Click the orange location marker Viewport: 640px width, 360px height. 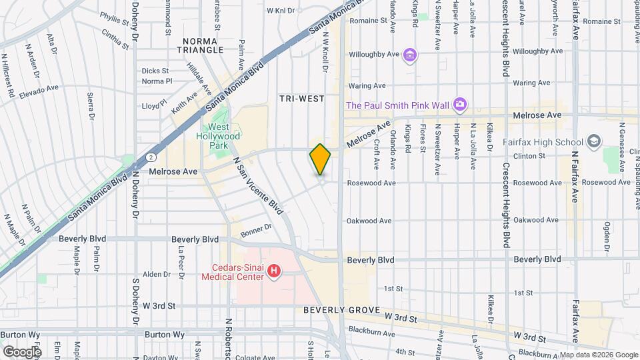[320, 159]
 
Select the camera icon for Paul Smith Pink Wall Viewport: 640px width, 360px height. [459, 104]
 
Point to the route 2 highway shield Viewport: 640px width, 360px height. [153, 155]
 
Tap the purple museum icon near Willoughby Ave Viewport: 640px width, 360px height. [410, 54]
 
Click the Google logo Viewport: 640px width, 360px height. [22, 351]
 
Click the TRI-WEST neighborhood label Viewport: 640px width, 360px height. [301, 99]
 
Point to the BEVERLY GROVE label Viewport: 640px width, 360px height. [341, 310]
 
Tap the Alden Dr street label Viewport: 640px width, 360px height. [157, 274]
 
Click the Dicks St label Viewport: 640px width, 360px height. [155, 70]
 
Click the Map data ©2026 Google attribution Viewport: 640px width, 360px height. [597, 355]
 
